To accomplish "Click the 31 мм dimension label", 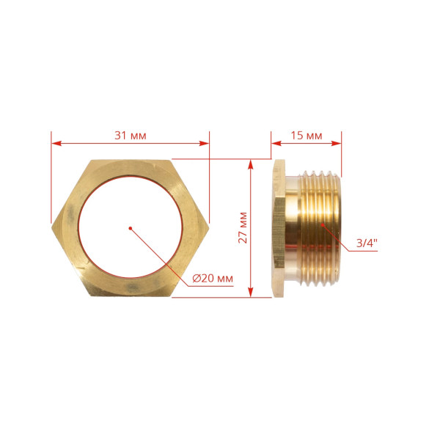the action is [131, 136].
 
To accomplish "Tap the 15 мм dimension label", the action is [306, 136].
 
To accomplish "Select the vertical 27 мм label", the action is [243, 227].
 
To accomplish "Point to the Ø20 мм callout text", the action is [213, 279].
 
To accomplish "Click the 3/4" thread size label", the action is [367, 243].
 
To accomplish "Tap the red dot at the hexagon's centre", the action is [131, 228].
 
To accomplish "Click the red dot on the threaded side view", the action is [323, 224].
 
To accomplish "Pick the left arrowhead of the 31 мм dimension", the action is [56, 143].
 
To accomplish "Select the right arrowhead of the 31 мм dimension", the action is [204, 143].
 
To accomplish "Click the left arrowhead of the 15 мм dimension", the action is [276, 143].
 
